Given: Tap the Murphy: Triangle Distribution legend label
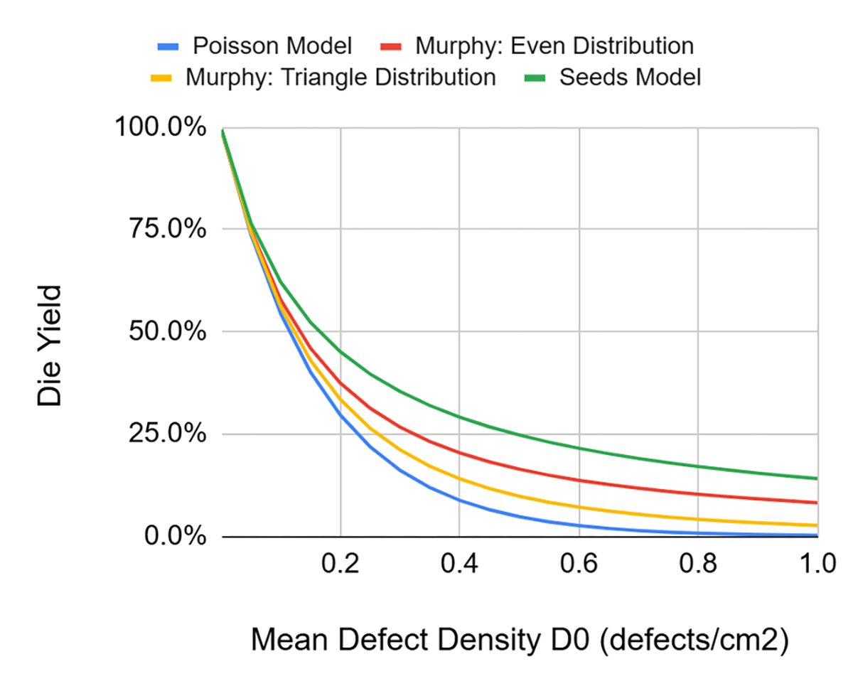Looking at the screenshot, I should [x=340, y=77].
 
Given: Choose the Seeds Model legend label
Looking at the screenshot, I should [x=630, y=77].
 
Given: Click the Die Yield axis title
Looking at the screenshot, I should [x=50, y=346].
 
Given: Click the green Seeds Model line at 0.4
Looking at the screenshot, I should [x=460, y=417].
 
